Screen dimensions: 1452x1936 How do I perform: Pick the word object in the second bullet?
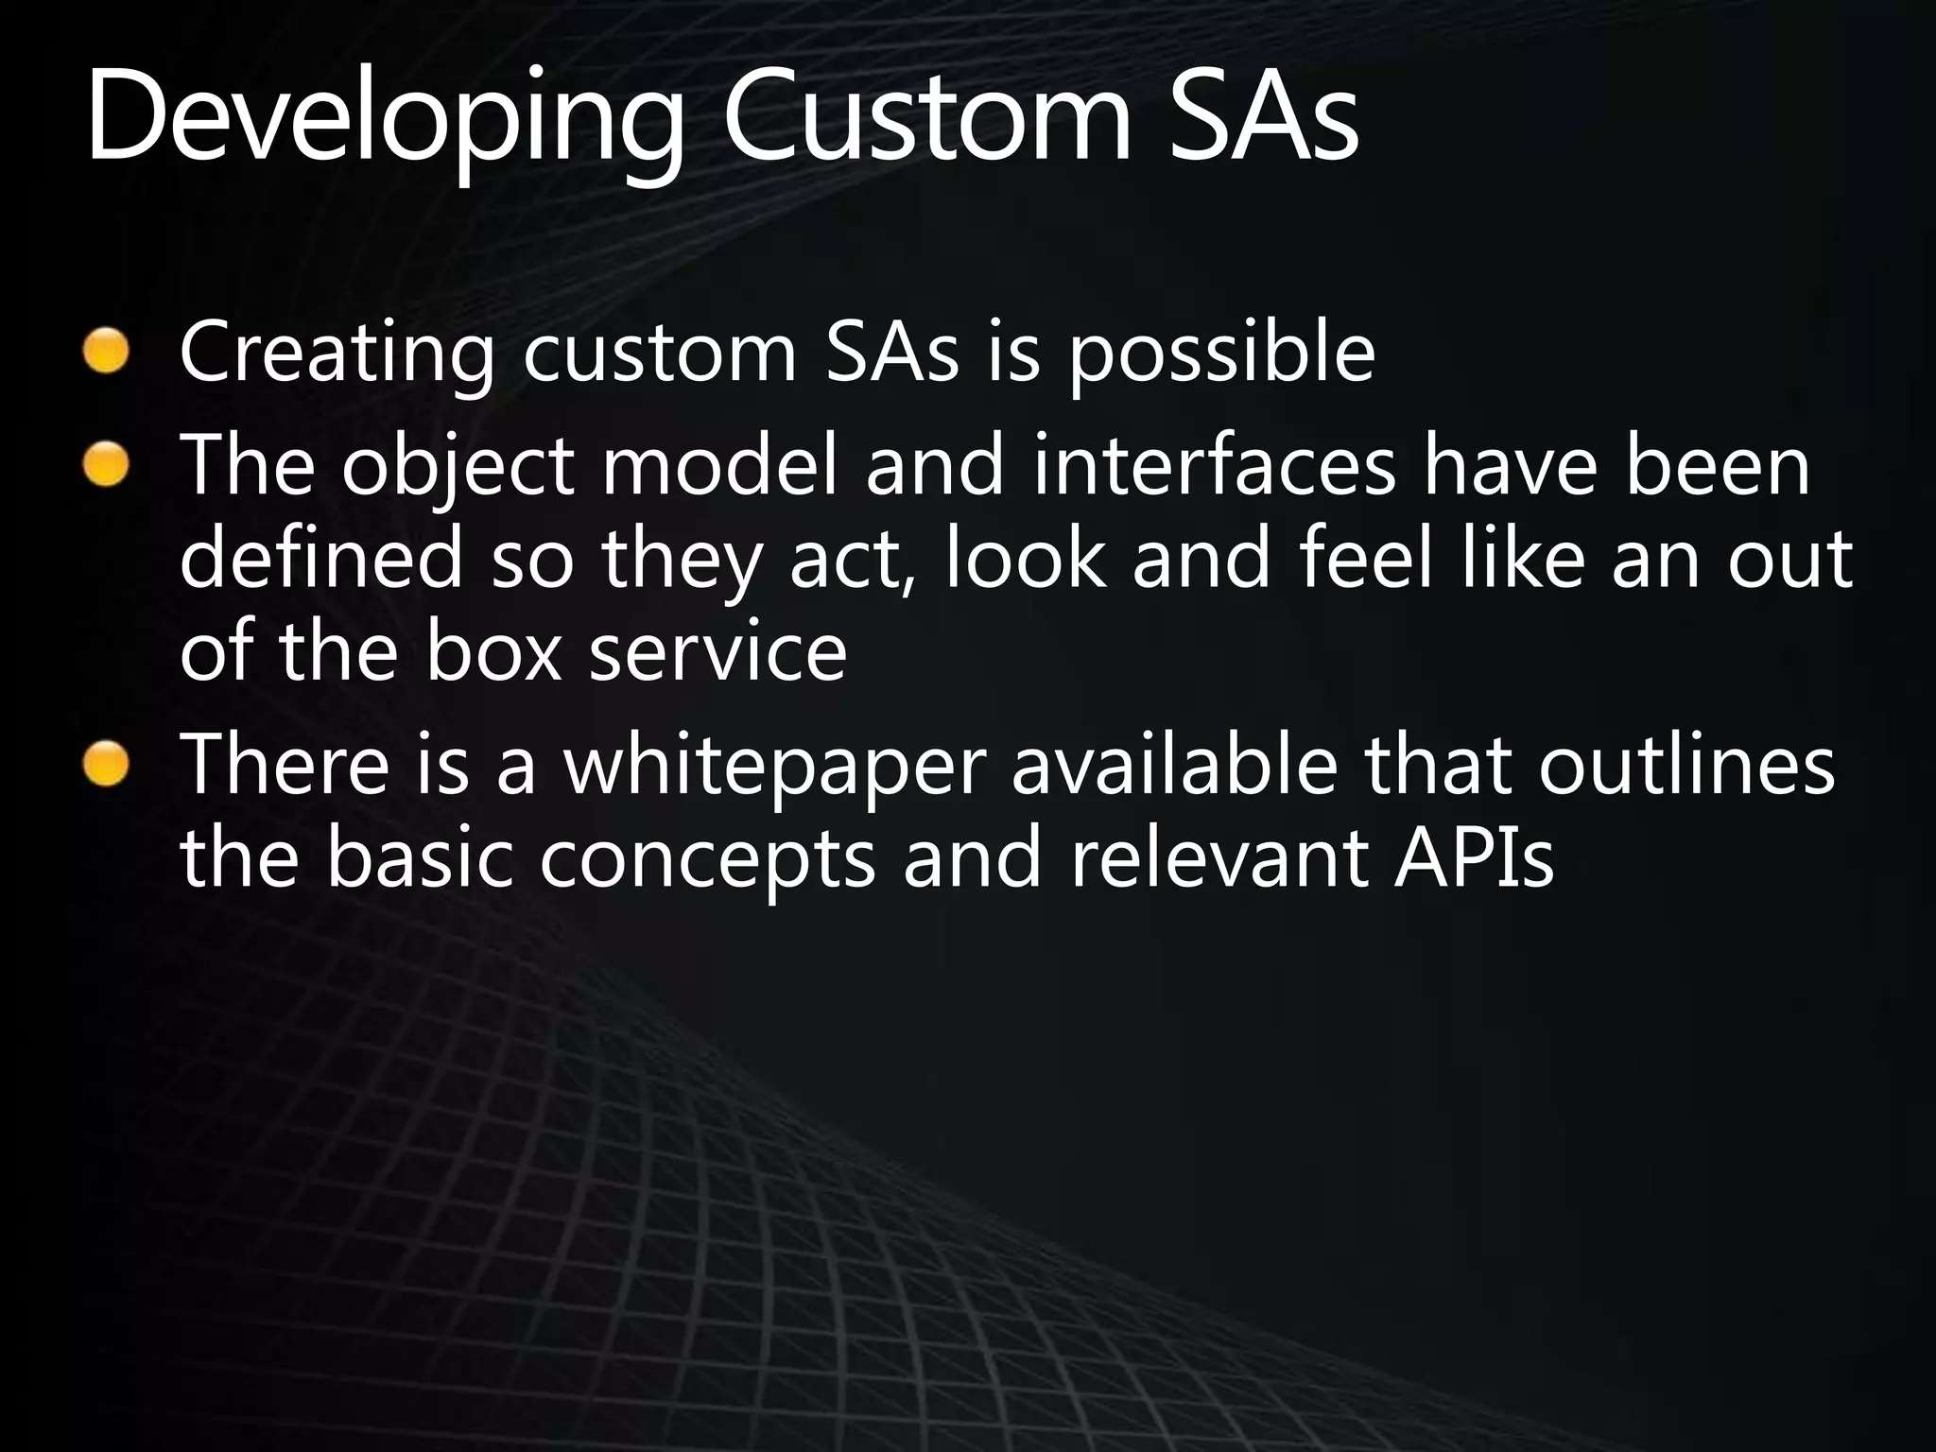click(458, 469)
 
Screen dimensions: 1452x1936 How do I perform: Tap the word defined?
click(321, 560)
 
